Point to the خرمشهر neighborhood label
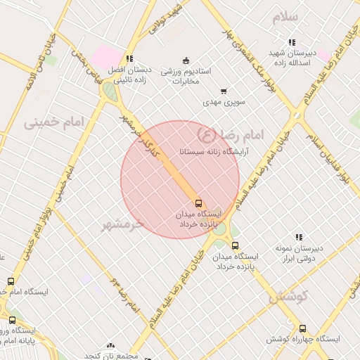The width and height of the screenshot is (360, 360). point(123,224)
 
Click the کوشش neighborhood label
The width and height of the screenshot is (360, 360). point(289,297)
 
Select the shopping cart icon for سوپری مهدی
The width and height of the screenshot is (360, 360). point(224,91)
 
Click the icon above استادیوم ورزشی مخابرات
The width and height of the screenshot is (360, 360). point(185,59)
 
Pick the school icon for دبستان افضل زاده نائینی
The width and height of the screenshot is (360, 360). point(129,58)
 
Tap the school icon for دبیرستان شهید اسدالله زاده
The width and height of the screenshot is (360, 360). point(292,41)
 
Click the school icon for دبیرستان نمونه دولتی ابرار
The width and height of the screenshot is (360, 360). point(298,237)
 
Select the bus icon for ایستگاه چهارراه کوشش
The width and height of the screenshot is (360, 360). point(302,328)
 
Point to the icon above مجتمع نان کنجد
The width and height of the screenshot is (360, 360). point(110,345)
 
